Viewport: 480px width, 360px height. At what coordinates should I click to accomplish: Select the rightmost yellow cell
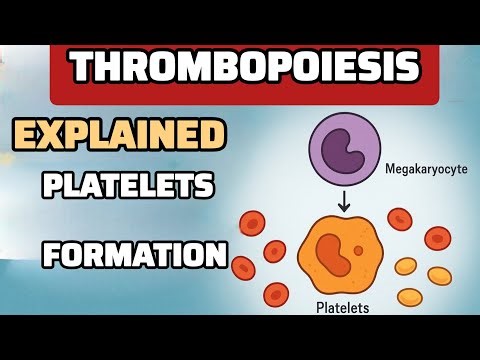[x=438, y=273]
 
